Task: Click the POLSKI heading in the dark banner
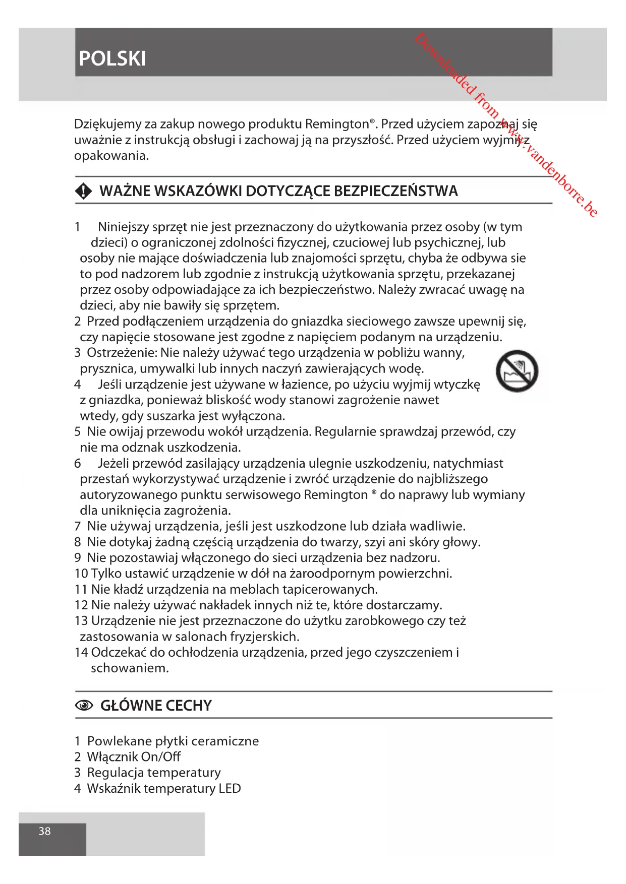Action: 112,59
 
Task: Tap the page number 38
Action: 45,831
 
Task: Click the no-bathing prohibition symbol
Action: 517,371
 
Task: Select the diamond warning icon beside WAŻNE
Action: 84,192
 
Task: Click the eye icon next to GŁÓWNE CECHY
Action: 84,706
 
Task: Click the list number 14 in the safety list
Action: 81,653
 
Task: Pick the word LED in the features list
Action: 230,789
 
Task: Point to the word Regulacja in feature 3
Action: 115,773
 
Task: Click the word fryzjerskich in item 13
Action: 264,637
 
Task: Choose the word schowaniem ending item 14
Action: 130,668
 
